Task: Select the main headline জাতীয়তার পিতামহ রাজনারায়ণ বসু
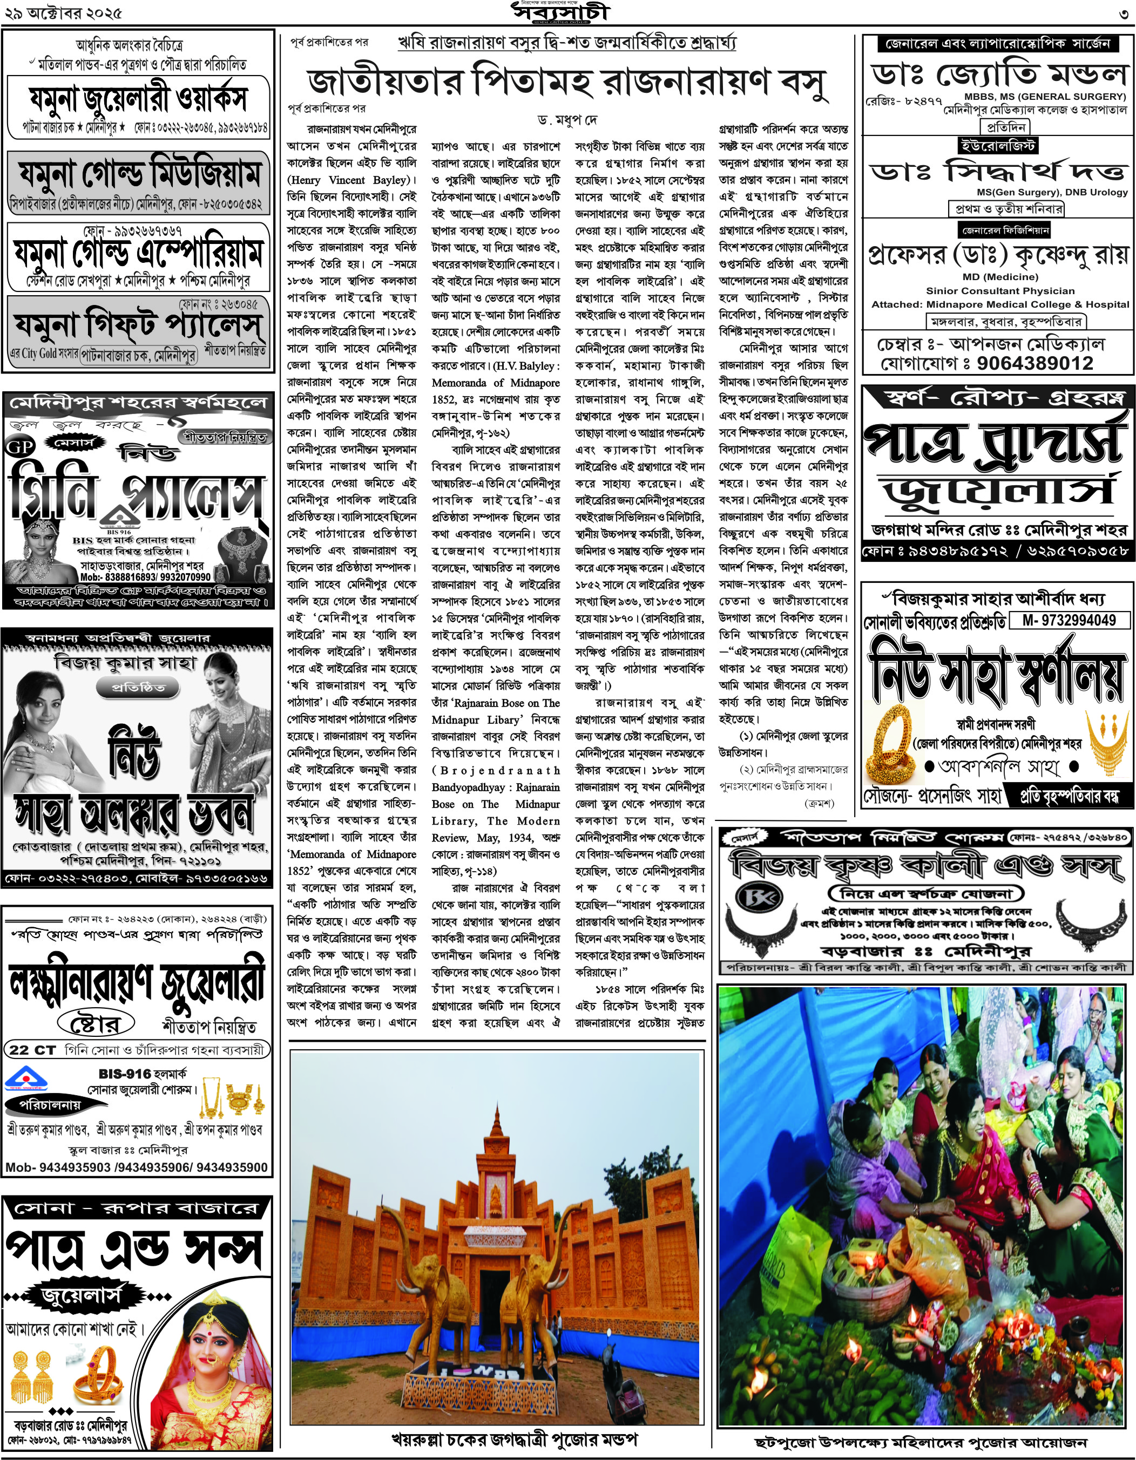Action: click(x=567, y=82)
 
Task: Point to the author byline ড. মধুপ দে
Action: click(x=567, y=121)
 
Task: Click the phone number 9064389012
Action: click(x=1035, y=363)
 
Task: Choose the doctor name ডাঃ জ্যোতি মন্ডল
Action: click(x=999, y=74)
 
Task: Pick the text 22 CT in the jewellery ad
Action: click(x=32, y=1050)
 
